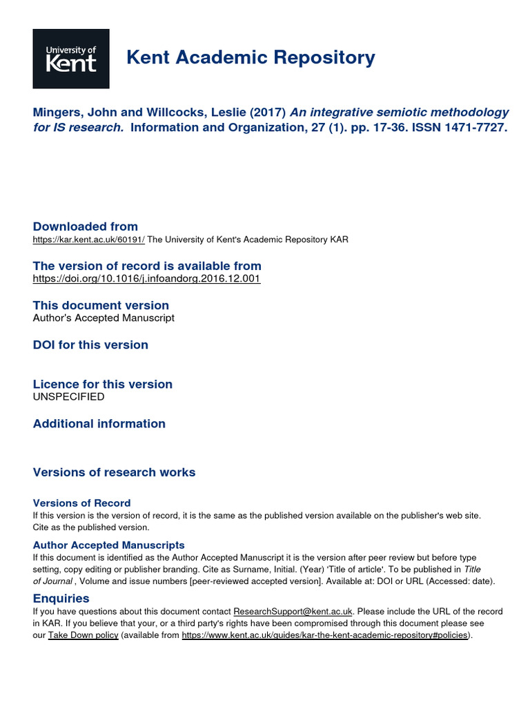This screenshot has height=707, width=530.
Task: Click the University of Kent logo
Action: (x=71, y=59)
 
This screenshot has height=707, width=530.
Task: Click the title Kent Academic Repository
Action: (x=251, y=58)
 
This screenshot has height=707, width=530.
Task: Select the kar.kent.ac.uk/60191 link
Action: (x=89, y=240)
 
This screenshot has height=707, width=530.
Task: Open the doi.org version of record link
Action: (x=146, y=279)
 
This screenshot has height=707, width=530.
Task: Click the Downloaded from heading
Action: (x=86, y=226)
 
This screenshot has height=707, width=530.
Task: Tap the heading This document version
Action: (x=101, y=305)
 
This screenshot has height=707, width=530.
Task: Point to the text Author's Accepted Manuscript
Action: (x=104, y=318)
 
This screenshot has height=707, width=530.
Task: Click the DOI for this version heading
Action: (x=90, y=345)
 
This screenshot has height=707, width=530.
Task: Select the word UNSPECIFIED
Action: (x=69, y=397)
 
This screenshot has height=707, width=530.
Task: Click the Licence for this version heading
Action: (x=103, y=384)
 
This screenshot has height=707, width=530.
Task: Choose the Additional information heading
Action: (x=99, y=423)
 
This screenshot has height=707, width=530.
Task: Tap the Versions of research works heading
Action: (x=114, y=472)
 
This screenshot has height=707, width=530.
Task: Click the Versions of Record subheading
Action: (x=81, y=503)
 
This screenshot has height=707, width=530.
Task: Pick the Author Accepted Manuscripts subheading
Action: (x=108, y=545)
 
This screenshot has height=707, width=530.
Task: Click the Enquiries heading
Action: (x=61, y=599)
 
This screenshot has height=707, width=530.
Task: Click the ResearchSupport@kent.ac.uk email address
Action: (x=293, y=612)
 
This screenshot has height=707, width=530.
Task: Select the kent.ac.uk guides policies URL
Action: (x=325, y=635)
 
